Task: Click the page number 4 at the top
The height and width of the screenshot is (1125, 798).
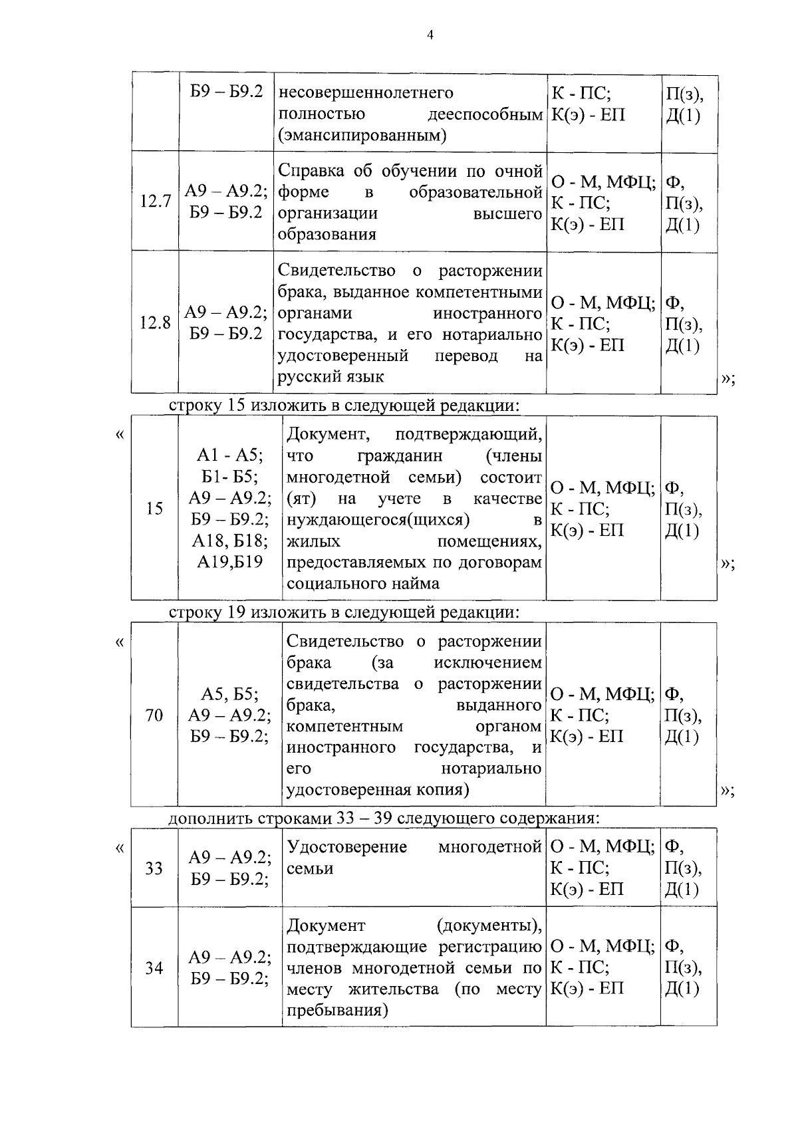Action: click(430, 35)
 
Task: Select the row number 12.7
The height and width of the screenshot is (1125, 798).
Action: click(156, 201)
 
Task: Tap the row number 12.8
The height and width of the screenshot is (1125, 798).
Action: click(155, 322)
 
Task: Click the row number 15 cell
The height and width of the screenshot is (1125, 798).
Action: click(154, 509)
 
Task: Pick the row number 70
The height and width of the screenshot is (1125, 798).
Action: click(154, 715)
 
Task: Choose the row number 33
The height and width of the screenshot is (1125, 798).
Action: click(154, 868)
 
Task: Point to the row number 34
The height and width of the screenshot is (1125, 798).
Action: click(154, 967)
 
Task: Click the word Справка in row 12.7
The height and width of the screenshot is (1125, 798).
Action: click(311, 171)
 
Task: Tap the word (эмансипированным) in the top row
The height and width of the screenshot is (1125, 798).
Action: click(362, 136)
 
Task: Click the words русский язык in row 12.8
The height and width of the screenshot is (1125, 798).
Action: click(331, 376)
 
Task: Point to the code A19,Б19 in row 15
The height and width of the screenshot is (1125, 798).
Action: click(230, 562)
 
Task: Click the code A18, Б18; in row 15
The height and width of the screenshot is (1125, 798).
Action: click(230, 541)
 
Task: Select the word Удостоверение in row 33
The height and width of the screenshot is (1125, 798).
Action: click(346, 847)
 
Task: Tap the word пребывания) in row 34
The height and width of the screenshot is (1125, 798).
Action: click(337, 1011)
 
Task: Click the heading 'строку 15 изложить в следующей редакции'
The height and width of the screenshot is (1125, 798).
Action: click(344, 406)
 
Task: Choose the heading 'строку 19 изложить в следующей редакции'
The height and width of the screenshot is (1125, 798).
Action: click(344, 612)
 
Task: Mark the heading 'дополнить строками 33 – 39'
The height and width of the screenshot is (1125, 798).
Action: click(384, 818)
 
